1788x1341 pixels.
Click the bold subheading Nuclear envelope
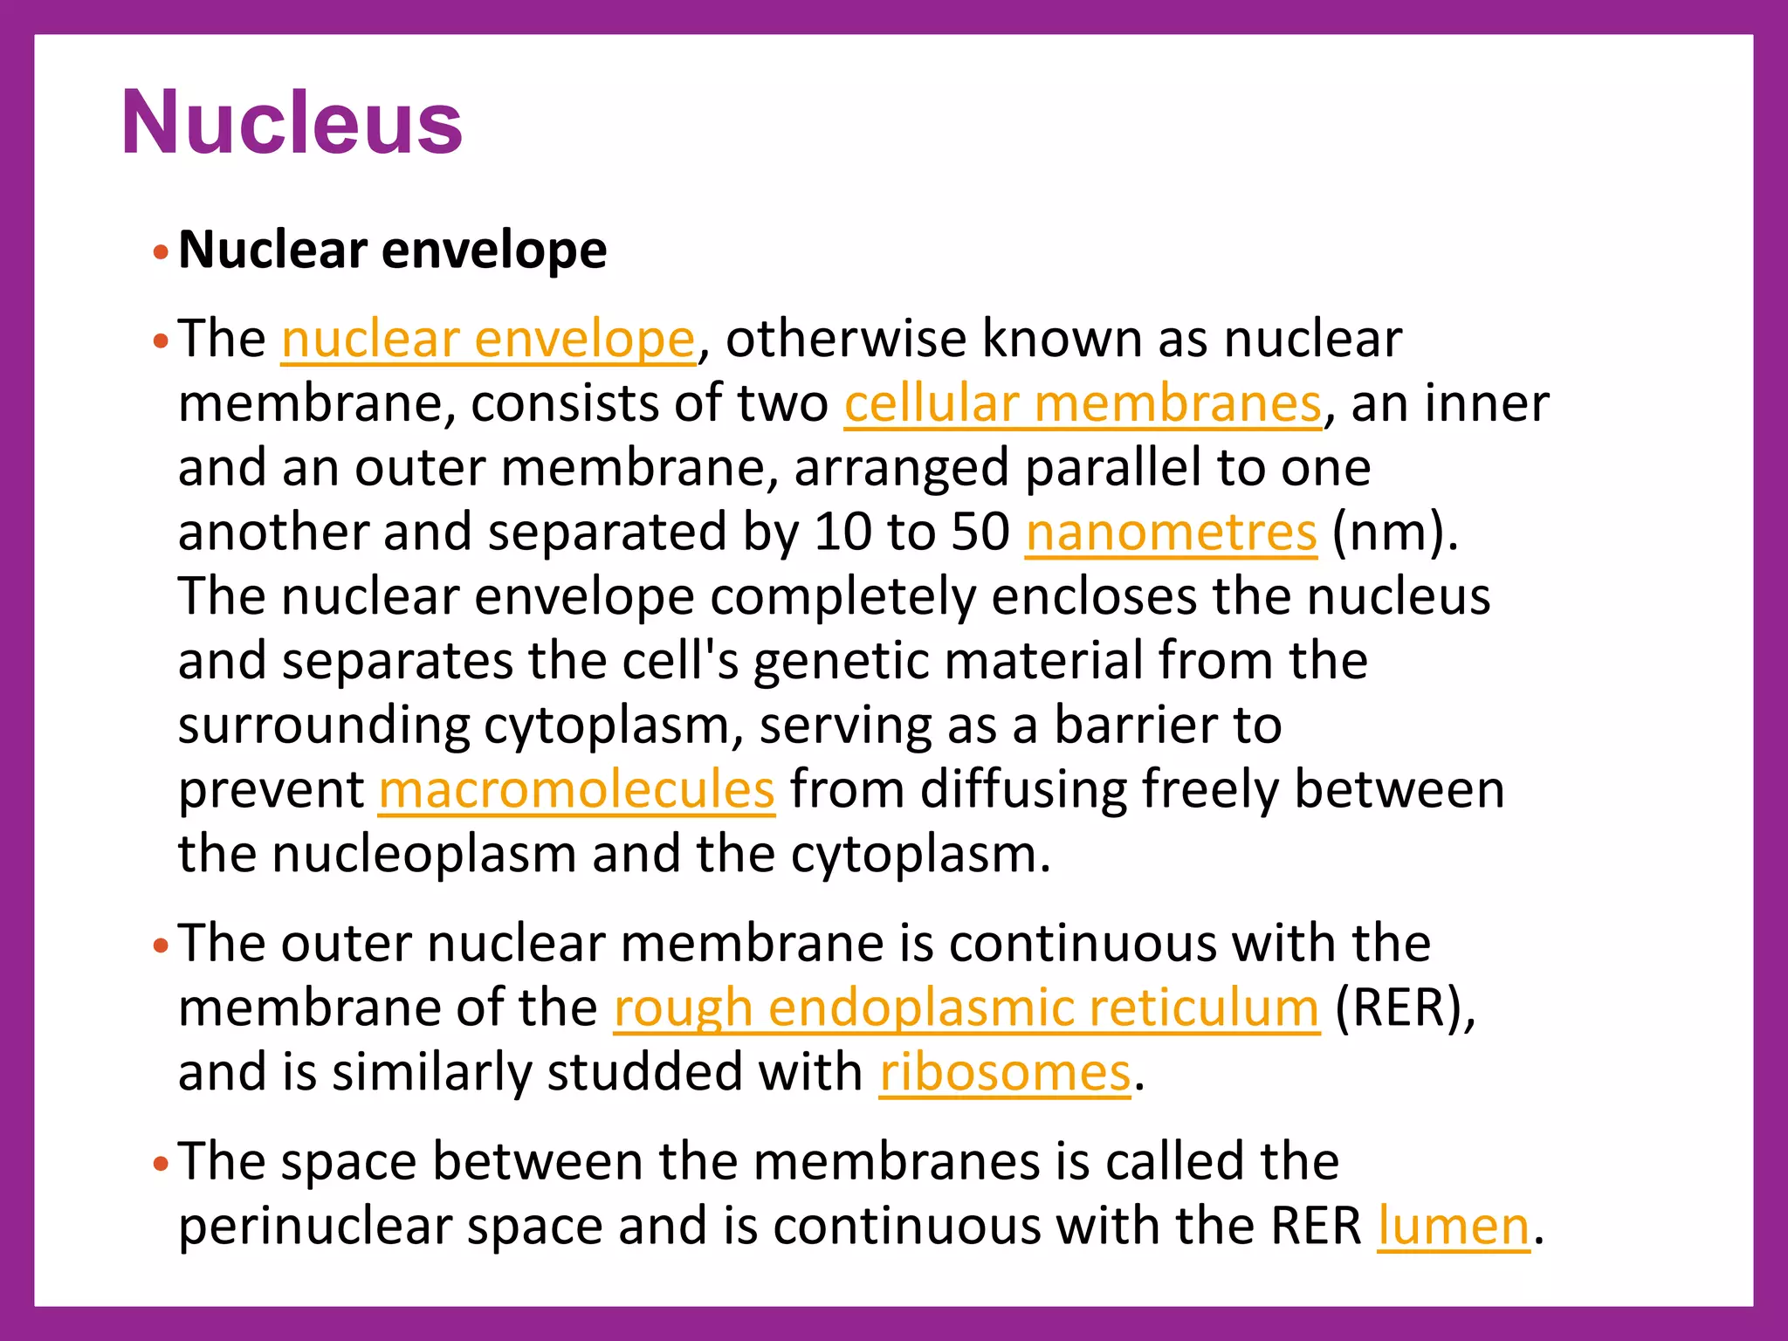coord(392,251)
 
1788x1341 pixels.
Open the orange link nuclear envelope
coord(488,339)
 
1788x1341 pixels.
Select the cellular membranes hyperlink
coord(1083,403)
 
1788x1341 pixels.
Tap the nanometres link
coord(1171,532)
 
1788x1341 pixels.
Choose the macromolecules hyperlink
coord(576,789)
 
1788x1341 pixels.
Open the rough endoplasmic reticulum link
coord(966,1007)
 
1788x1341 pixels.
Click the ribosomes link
coord(1005,1072)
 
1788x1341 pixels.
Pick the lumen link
coord(1454,1226)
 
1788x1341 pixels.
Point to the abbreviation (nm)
coord(1394,532)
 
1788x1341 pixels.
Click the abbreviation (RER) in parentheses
coord(1405,1007)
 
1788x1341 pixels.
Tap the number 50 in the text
coord(980,532)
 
